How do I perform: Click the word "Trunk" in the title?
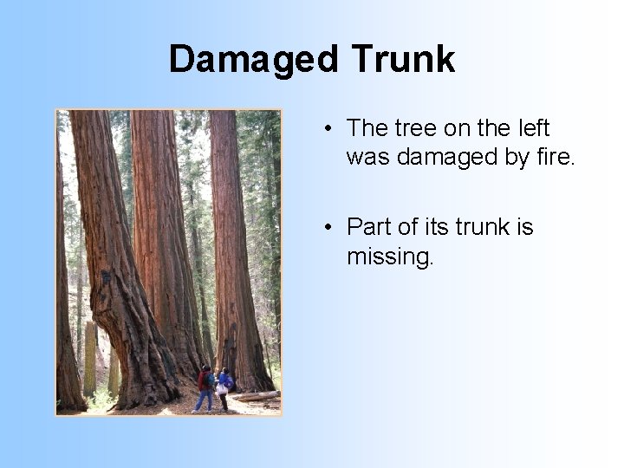(x=403, y=59)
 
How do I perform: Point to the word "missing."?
(x=389, y=257)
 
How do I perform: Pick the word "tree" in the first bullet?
(x=415, y=128)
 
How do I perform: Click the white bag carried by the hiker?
(x=222, y=389)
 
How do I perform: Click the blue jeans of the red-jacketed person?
(x=204, y=400)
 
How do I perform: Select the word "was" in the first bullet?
(x=362, y=157)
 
